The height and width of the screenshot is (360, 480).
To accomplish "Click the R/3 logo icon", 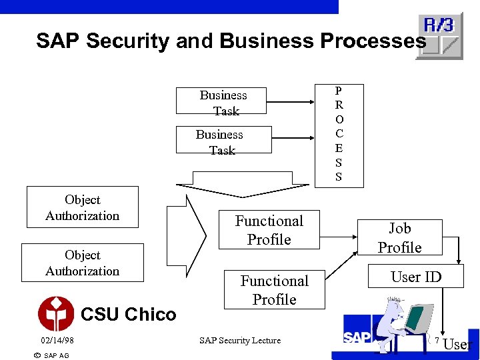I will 439,35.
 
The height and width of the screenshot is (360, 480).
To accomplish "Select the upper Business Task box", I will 223,101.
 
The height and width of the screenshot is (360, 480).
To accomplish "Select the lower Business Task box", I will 219,140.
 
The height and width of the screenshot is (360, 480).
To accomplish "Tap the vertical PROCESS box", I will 339,133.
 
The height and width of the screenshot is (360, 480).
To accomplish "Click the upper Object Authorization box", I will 82,207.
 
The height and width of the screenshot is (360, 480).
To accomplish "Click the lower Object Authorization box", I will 82,263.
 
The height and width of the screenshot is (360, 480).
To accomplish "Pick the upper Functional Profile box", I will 269,230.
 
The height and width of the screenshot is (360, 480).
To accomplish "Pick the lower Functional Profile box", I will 274,290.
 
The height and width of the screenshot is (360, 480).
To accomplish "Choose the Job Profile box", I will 399,238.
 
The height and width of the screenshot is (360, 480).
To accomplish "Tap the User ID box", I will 416,277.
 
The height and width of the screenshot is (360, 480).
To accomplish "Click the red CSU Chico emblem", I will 56,313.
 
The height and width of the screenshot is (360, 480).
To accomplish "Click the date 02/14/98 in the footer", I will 57,341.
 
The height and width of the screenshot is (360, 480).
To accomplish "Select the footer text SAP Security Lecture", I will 240,341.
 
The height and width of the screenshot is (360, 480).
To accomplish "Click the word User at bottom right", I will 458,345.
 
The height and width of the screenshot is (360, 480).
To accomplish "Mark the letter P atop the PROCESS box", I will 339,91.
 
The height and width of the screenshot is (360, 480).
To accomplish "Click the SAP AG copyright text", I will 51,355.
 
